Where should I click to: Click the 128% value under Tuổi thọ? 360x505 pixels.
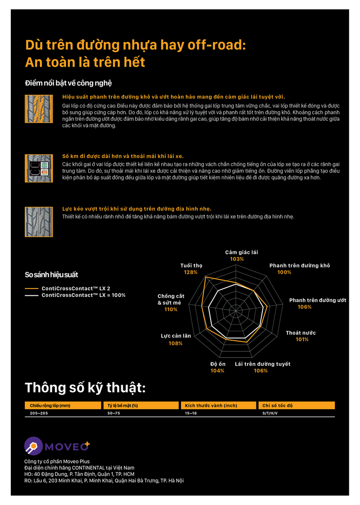(190, 272)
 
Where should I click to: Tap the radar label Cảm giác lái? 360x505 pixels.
(241, 252)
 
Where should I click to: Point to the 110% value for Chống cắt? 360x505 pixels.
(171, 309)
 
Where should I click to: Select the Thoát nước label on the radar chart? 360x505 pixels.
(300, 333)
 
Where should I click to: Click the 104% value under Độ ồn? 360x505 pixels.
(217, 370)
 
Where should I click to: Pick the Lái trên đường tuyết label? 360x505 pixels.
(262, 364)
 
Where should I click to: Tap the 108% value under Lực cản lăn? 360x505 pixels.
(176, 343)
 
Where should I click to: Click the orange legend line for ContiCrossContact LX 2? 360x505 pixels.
(32, 288)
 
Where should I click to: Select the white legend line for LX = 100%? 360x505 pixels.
(32, 295)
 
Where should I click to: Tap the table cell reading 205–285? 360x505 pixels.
(39, 413)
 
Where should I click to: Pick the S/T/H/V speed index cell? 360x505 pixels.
(270, 413)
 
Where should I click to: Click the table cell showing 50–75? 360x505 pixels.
(114, 413)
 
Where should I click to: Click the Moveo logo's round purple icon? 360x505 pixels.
(34, 446)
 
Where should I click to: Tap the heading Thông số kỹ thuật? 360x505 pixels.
(85, 388)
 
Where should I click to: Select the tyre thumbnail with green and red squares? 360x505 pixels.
(39, 169)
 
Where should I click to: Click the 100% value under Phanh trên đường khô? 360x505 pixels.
(284, 272)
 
